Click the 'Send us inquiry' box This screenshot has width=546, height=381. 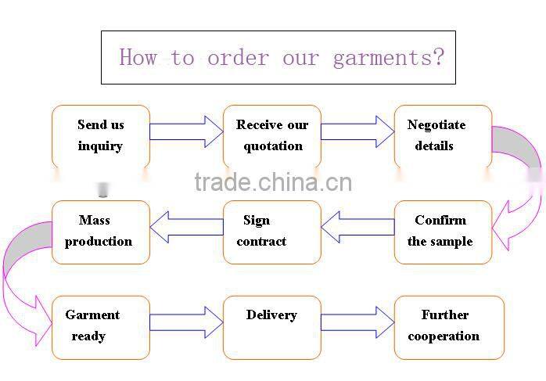click(100, 136)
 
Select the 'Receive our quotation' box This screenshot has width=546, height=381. click(272, 136)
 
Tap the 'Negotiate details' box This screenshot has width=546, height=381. click(443, 136)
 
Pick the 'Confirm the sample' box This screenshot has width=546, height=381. click(443, 232)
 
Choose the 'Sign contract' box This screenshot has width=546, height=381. click(272, 232)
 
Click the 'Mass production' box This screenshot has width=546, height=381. click(100, 232)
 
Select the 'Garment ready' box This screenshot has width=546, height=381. click(100, 327)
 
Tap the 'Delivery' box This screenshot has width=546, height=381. click(272, 327)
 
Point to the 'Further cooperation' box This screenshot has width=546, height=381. click(449, 327)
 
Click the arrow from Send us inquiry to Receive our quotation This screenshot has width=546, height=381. click(186, 131)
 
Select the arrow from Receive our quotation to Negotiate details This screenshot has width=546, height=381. click(357, 131)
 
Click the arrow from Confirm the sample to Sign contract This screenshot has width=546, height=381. click(357, 227)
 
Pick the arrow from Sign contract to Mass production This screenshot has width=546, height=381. click(186, 227)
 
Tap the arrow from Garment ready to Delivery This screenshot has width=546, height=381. click(186, 322)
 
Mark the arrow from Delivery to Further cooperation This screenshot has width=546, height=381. click(357, 322)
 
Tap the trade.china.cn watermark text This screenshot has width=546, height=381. click(273, 182)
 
